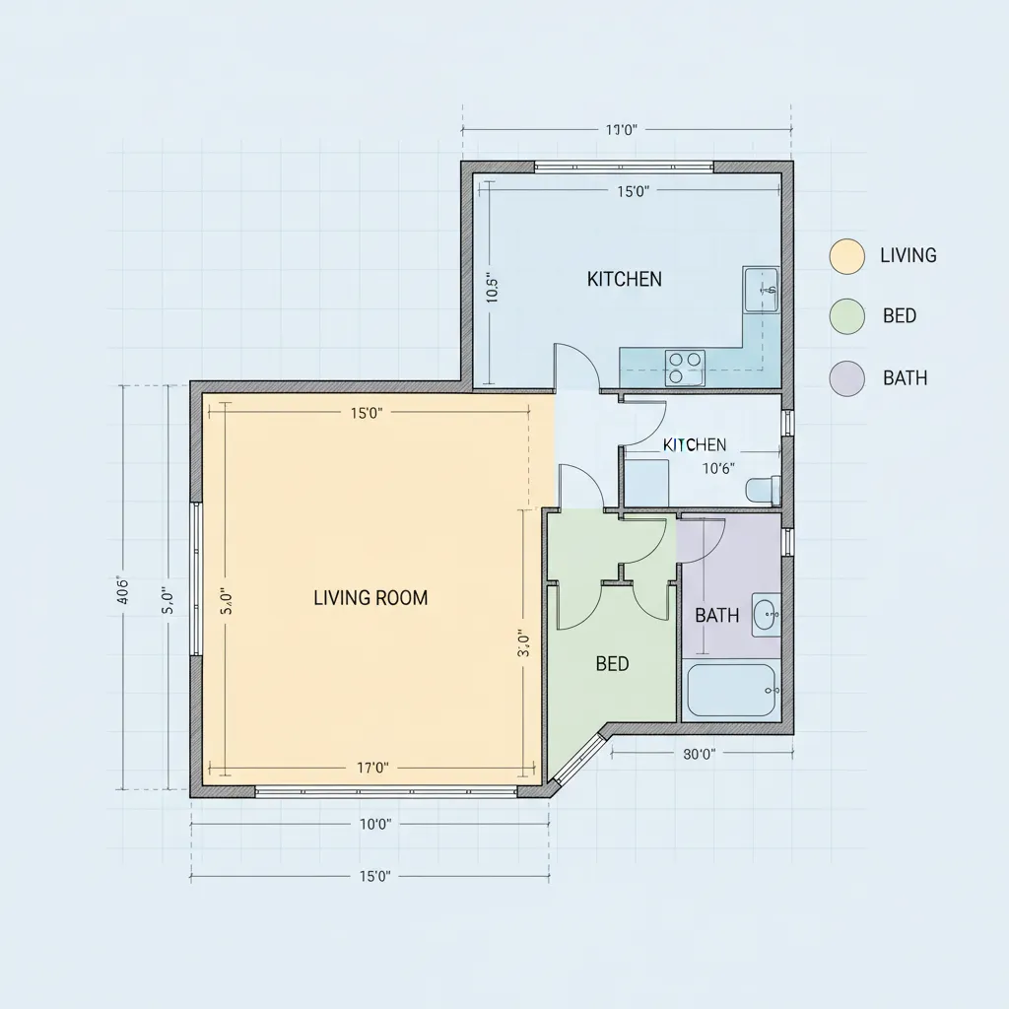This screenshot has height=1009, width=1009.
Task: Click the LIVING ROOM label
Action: click(x=370, y=598)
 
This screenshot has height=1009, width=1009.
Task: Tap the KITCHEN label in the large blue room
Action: click(x=624, y=279)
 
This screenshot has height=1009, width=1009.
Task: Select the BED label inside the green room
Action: click(x=612, y=664)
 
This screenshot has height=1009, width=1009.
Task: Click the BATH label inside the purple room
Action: click(x=716, y=616)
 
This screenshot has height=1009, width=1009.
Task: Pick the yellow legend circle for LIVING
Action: click(x=847, y=255)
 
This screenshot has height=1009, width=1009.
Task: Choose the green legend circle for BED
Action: click(x=847, y=316)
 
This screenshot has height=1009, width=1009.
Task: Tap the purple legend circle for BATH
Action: click(x=847, y=378)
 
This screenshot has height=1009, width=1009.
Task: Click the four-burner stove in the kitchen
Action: click(x=685, y=367)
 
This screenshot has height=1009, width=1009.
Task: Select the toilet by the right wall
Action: click(x=764, y=489)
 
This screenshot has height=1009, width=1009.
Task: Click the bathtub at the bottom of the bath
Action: click(x=731, y=691)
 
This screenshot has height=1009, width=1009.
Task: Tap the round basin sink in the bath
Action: click(x=766, y=616)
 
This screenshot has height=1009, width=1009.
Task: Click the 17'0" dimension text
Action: click(x=370, y=768)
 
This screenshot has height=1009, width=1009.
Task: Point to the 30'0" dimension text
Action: click(x=699, y=754)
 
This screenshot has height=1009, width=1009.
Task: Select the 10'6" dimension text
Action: click(x=717, y=469)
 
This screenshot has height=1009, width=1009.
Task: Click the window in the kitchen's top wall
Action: click(x=624, y=168)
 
